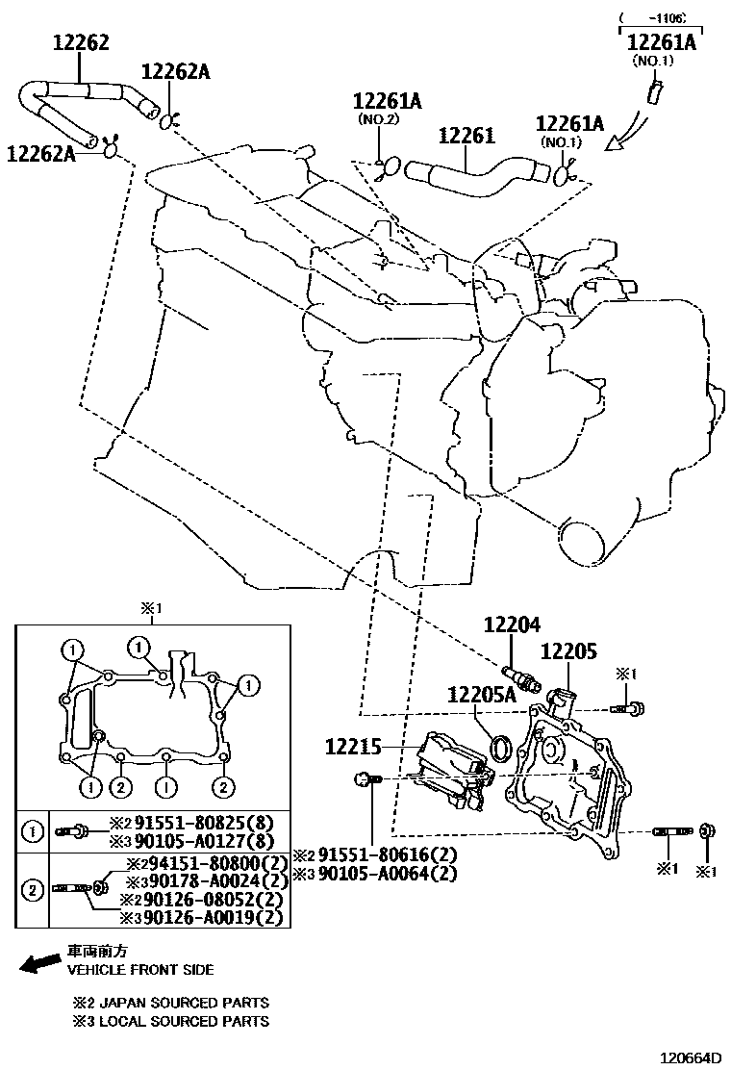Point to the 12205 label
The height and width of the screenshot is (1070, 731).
pos(568,651)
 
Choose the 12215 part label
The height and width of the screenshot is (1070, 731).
pos(353,746)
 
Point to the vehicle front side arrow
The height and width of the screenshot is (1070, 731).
pos(39,963)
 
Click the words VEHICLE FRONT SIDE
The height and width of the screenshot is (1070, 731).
pos(140,969)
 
